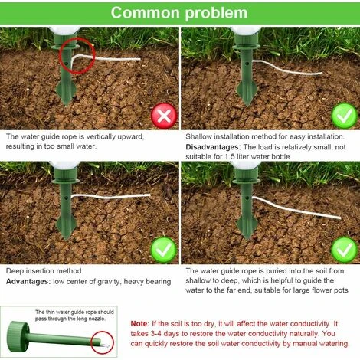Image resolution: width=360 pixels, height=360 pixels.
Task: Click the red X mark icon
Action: [164, 116]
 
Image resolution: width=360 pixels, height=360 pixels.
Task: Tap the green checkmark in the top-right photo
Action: [344, 116]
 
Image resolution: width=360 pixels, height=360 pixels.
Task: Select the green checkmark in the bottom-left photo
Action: [164, 250]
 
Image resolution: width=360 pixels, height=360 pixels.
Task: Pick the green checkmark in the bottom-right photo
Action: [344, 250]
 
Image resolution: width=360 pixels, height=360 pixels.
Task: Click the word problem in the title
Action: [216, 14]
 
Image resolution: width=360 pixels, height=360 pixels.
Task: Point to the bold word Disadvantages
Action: [213, 147]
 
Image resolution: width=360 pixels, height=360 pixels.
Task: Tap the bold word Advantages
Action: [28, 281]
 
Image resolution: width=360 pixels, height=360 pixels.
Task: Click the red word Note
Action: [140, 324]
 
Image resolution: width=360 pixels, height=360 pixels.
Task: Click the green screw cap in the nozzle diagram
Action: [18, 334]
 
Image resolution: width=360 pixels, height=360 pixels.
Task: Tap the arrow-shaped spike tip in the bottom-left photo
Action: [66, 238]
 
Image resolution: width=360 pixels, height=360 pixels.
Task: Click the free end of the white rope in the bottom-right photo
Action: [340, 218]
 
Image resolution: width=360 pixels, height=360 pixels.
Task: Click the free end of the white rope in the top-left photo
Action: [139, 59]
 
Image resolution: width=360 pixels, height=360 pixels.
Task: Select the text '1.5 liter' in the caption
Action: [238, 156]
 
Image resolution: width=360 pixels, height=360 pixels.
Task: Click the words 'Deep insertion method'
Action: [44, 271]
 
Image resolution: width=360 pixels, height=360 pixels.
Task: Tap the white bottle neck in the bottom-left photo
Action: [65, 165]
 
